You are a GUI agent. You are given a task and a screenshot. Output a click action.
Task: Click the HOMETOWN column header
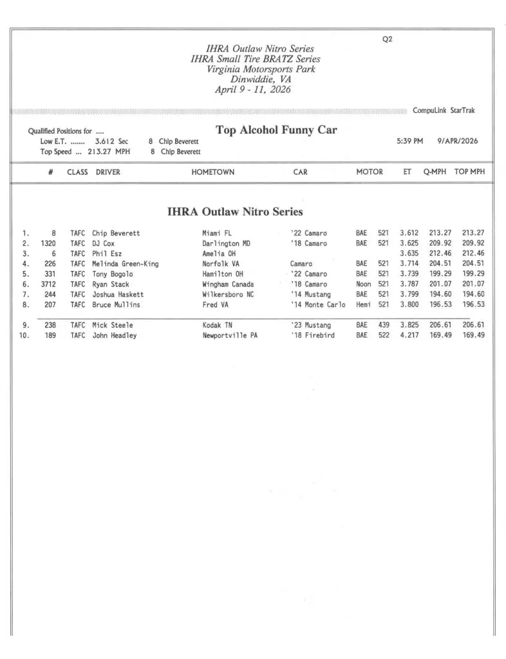(212, 172)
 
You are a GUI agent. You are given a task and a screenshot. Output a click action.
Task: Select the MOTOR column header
(370, 172)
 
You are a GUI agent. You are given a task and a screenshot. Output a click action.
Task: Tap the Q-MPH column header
(435, 172)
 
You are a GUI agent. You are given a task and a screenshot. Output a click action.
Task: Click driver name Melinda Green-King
(126, 264)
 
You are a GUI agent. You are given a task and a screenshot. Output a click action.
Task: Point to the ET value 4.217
(409, 335)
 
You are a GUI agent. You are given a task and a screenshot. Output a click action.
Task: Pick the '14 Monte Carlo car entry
(317, 304)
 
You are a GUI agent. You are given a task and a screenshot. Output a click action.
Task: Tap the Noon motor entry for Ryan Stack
(363, 284)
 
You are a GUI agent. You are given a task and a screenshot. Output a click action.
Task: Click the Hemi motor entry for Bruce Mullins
(363, 304)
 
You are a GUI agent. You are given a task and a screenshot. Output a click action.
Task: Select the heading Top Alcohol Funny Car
(276, 130)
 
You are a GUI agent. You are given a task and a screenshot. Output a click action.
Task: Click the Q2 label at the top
(387, 39)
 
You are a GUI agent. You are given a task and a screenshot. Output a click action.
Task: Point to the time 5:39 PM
(409, 141)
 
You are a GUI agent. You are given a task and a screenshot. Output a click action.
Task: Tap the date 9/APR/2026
(457, 141)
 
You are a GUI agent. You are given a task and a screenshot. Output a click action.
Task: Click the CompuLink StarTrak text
(444, 111)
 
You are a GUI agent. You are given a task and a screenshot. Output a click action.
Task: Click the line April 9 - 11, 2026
(252, 90)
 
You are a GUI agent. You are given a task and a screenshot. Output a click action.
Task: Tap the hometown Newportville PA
(230, 335)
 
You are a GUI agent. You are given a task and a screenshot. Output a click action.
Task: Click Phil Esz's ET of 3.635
(409, 254)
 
